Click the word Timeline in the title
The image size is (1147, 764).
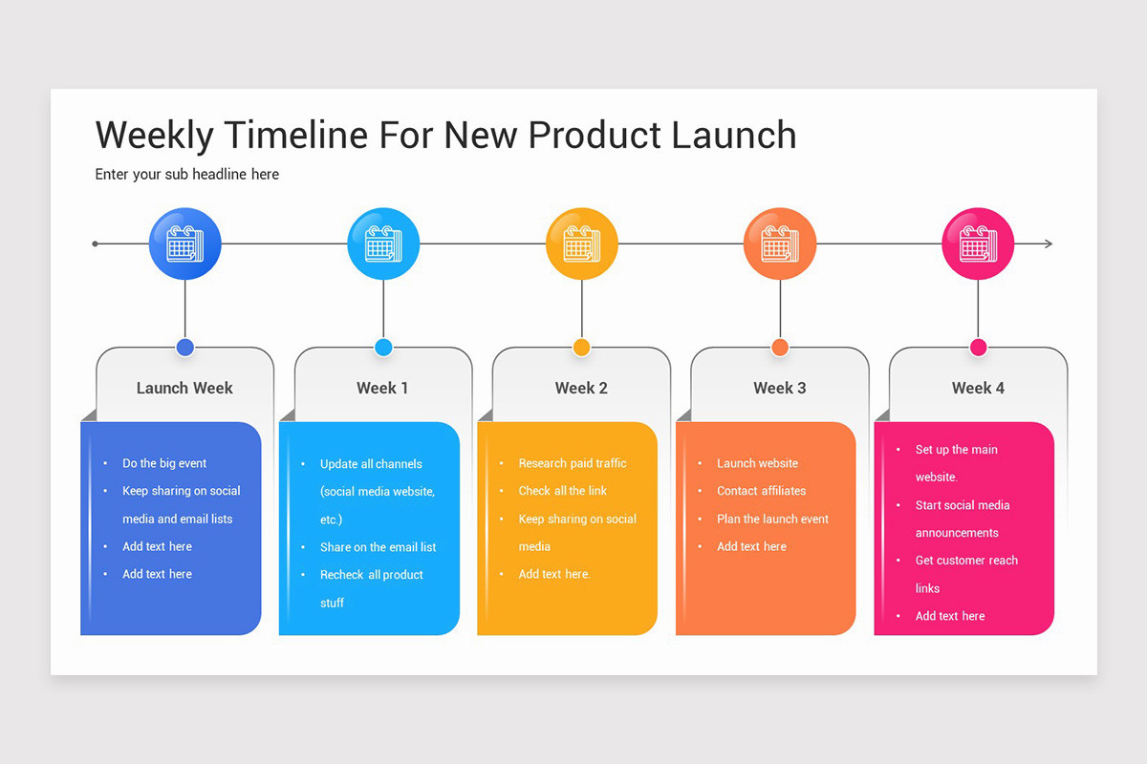pos(296,136)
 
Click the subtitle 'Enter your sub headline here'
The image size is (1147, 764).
pos(187,175)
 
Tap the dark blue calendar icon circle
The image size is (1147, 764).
pos(184,244)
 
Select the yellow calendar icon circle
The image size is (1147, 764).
pos(581,244)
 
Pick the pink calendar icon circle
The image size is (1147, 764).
pos(978,244)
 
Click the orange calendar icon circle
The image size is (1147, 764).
pos(780,244)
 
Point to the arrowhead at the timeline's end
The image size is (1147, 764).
pos(1048,244)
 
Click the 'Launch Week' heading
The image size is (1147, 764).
pos(184,388)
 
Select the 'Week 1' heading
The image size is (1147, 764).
pos(382,388)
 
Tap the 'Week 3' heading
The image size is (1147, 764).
pos(780,388)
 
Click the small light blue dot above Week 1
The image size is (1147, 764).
pos(383,348)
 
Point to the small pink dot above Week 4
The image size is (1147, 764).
pos(978,348)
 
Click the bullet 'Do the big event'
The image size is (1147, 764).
pos(164,463)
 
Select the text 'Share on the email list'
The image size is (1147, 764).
pos(378,547)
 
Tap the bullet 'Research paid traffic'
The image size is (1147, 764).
pos(573,463)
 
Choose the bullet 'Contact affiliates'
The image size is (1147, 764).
pos(761,491)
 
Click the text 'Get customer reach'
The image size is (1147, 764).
pos(966,561)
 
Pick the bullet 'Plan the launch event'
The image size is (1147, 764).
pos(772,519)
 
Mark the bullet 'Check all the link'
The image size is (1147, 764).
pos(562,491)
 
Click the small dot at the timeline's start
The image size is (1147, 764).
pos(95,244)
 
